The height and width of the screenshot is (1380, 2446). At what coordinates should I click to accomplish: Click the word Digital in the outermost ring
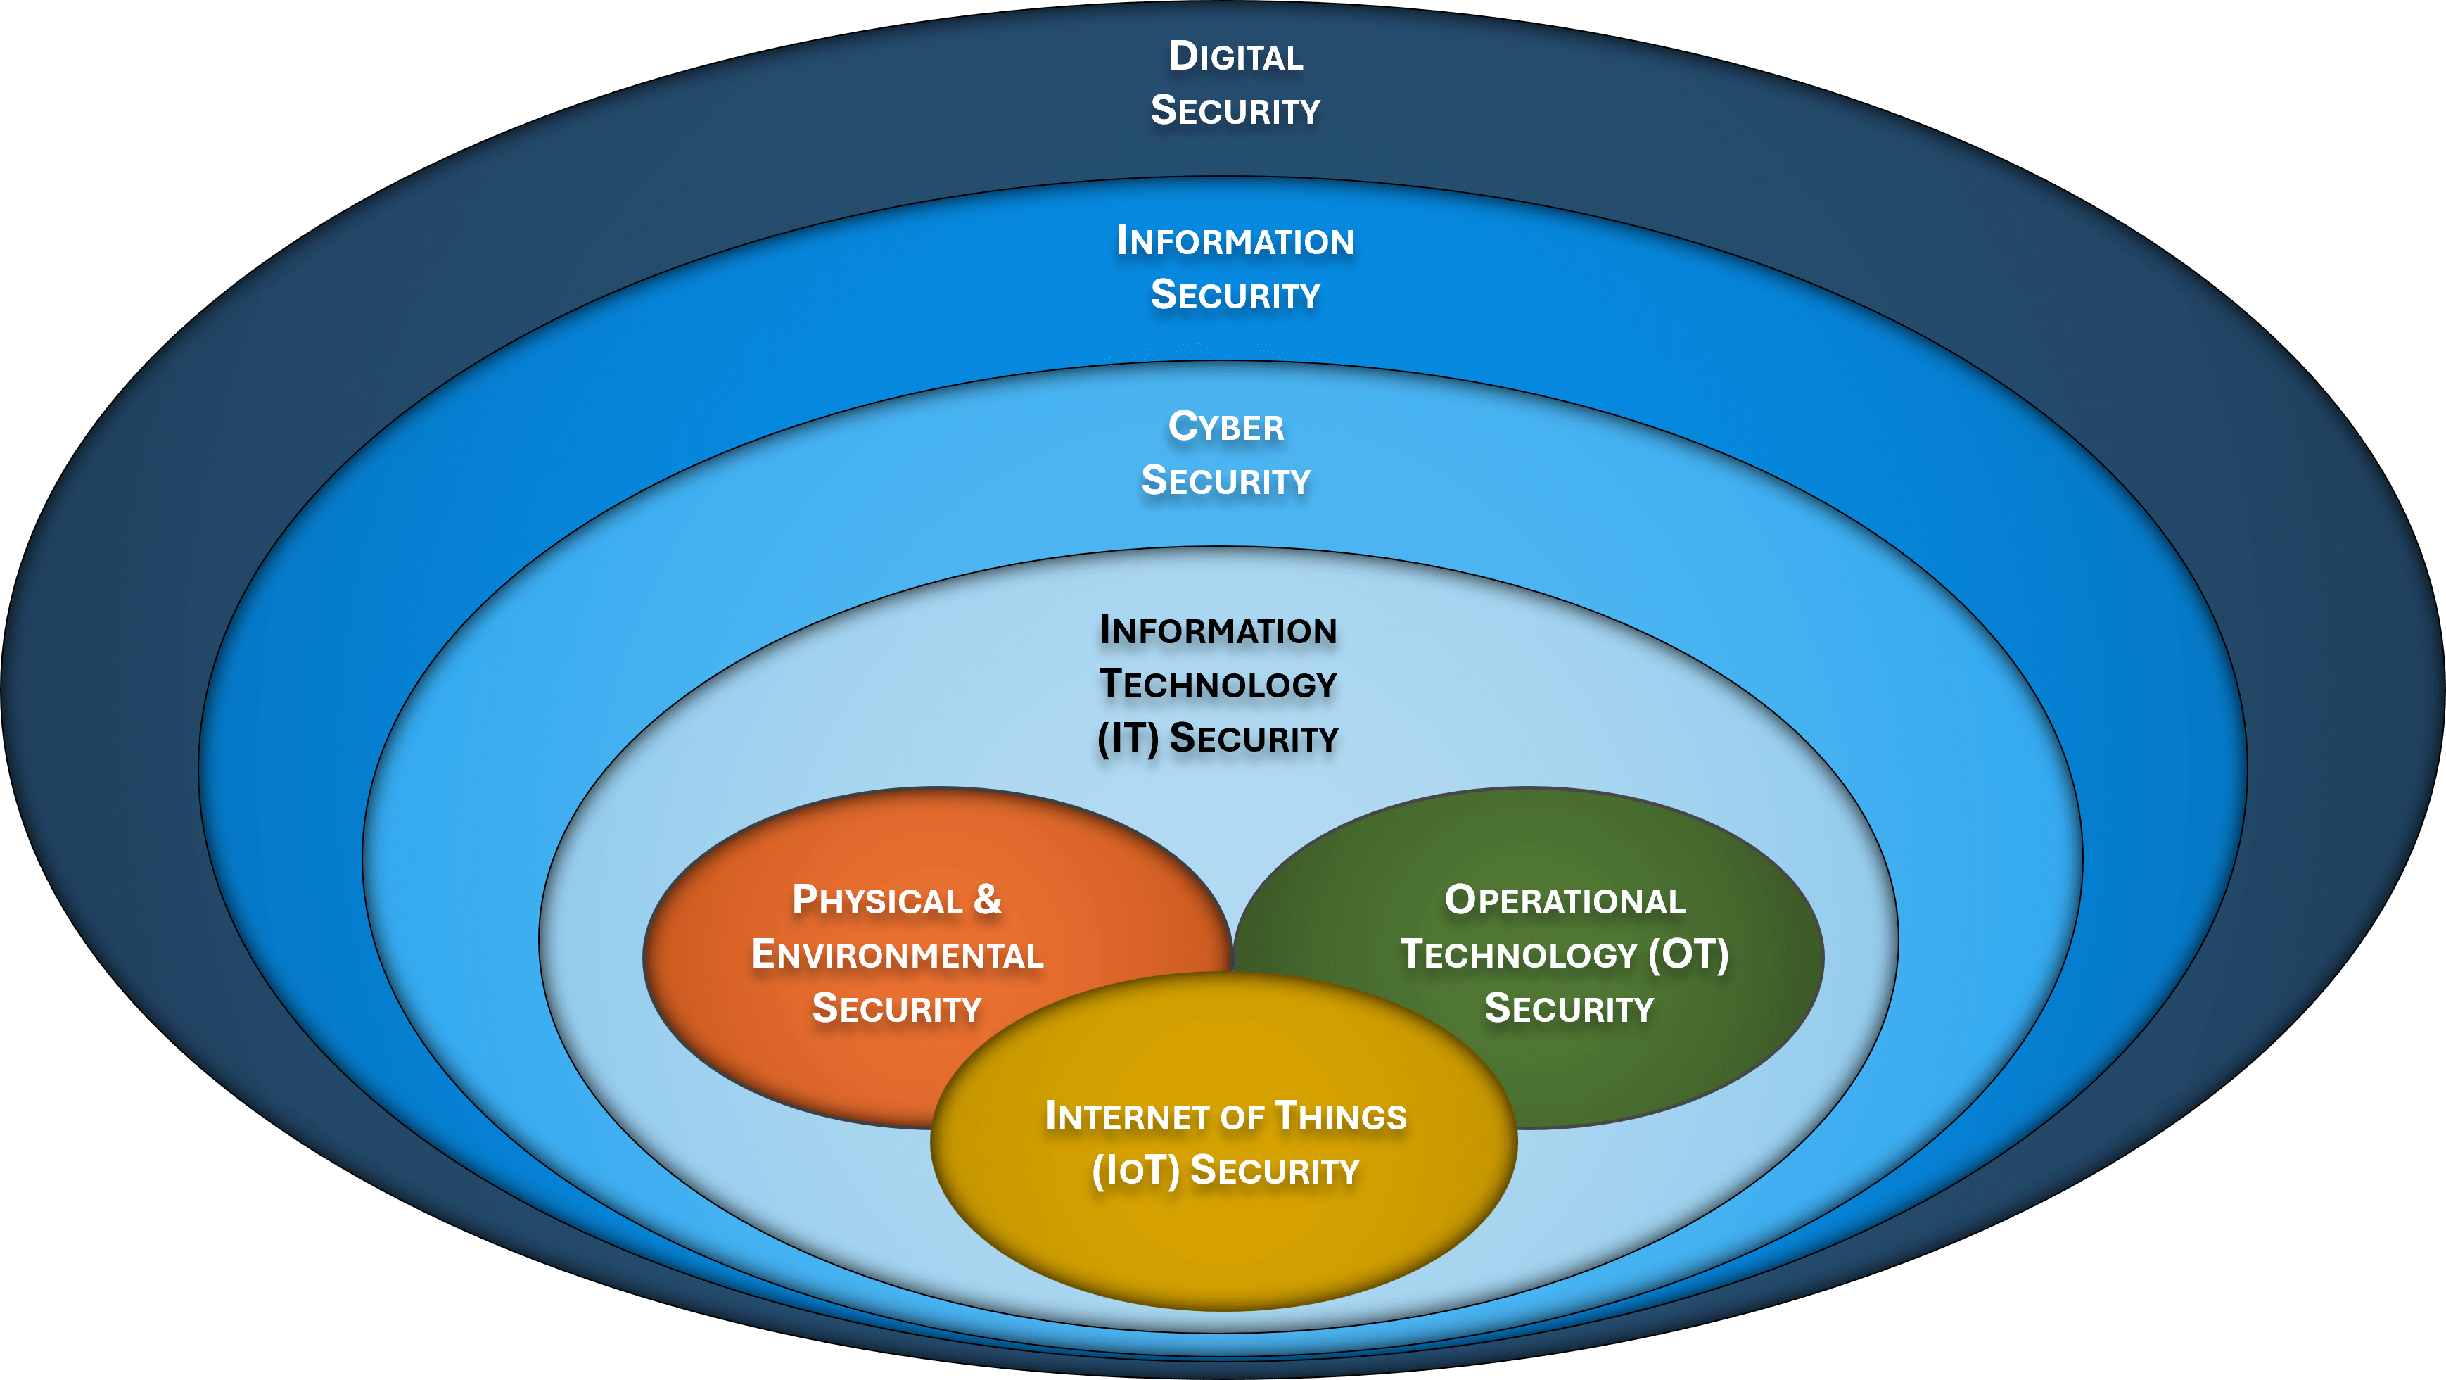click(x=1235, y=56)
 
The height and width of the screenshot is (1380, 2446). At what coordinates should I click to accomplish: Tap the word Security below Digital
click(x=1235, y=110)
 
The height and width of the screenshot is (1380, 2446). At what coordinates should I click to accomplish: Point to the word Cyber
click(x=1226, y=426)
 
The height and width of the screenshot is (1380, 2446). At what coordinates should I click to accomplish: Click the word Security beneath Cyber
click(x=1226, y=481)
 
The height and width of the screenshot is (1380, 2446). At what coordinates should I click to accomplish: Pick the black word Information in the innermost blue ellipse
click(x=1218, y=630)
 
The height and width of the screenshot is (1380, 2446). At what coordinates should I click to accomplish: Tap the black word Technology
click(x=1218, y=684)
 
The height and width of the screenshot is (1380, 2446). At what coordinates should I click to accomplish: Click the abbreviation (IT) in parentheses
click(x=1128, y=738)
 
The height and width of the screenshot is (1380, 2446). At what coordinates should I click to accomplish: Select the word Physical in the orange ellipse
click(x=877, y=899)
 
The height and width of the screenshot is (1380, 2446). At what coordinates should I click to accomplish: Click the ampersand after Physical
click(x=988, y=899)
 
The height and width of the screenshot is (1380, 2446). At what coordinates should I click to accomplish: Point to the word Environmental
click(x=898, y=954)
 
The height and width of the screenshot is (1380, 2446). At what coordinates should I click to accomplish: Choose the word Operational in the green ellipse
click(x=1565, y=899)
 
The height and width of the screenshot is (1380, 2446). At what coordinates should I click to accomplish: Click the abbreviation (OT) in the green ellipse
click(x=1688, y=954)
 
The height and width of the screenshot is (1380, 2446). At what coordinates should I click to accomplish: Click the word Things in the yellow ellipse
click(x=1340, y=1116)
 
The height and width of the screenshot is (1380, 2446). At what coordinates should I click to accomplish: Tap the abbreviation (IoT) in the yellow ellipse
click(x=1135, y=1170)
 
